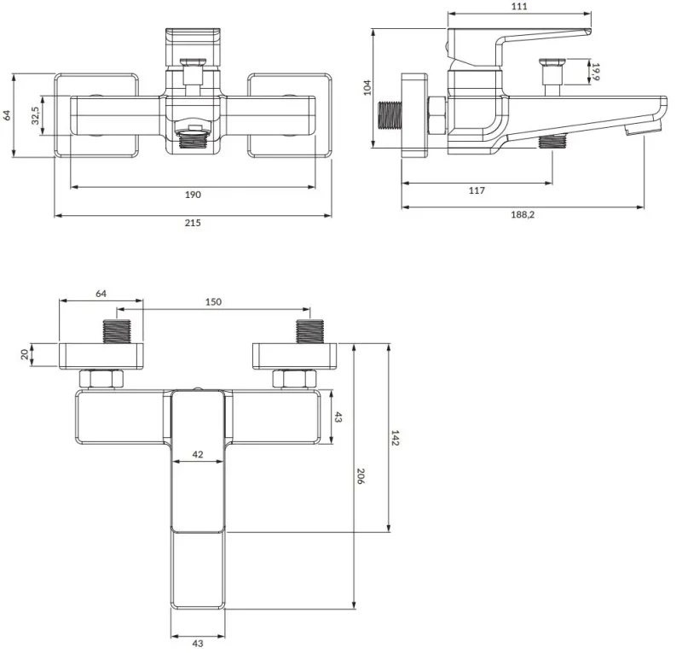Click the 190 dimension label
click(193, 195)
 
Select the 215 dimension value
click(193, 223)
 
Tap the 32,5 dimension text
click(35, 115)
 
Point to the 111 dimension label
click(519, 6)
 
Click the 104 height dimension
click(367, 88)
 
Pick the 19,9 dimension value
click(595, 72)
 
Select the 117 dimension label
click(477, 190)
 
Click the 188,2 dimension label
click(523, 214)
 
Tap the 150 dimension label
click(213, 301)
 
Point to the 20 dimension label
click(26, 354)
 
